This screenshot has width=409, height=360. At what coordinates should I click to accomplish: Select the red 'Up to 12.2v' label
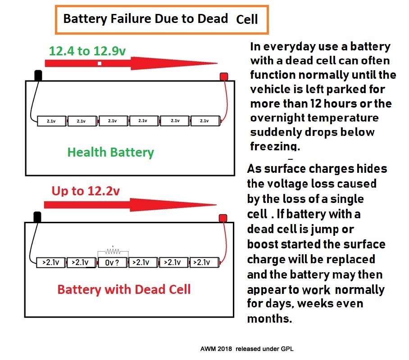coord(86,191)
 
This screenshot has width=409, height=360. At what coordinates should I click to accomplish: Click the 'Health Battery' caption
coord(110,152)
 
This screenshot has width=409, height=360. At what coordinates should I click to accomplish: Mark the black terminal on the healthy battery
coord(38,75)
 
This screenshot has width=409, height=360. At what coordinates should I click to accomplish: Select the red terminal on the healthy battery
coord(223,77)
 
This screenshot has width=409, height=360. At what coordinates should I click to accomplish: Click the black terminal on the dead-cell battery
coord(37,217)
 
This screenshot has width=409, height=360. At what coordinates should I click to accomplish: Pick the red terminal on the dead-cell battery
coord(223,218)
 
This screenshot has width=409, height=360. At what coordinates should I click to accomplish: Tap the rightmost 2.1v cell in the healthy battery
coord(204,121)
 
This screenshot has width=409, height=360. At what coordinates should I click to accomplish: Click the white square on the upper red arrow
coord(99,63)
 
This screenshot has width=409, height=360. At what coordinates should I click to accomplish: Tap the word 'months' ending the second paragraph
coord(269,319)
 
